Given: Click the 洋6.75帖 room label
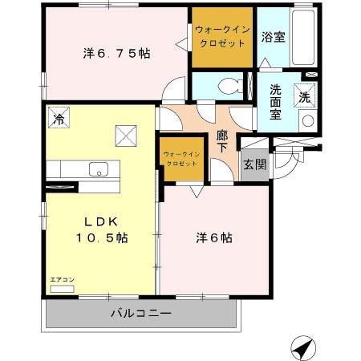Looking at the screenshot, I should [117, 55].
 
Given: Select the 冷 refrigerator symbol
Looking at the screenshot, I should [58, 117].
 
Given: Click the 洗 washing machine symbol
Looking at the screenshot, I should [306, 95].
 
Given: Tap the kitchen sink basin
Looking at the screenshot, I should [99, 169].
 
